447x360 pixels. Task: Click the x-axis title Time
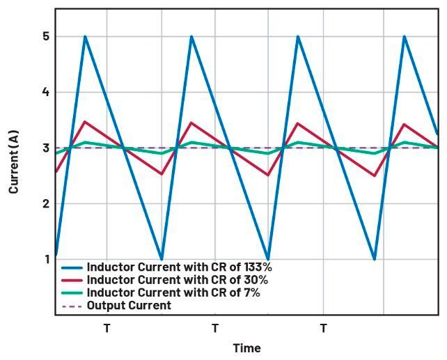coord(246,347)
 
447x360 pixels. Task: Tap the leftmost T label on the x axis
coord(107,327)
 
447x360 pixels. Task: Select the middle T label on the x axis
coord(214,327)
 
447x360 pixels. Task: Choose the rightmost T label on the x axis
coord(323,327)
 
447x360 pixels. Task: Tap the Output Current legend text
coord(129,305)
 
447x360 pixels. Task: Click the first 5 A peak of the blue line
coord(85,37)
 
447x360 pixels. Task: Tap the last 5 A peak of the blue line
coord(405,37)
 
